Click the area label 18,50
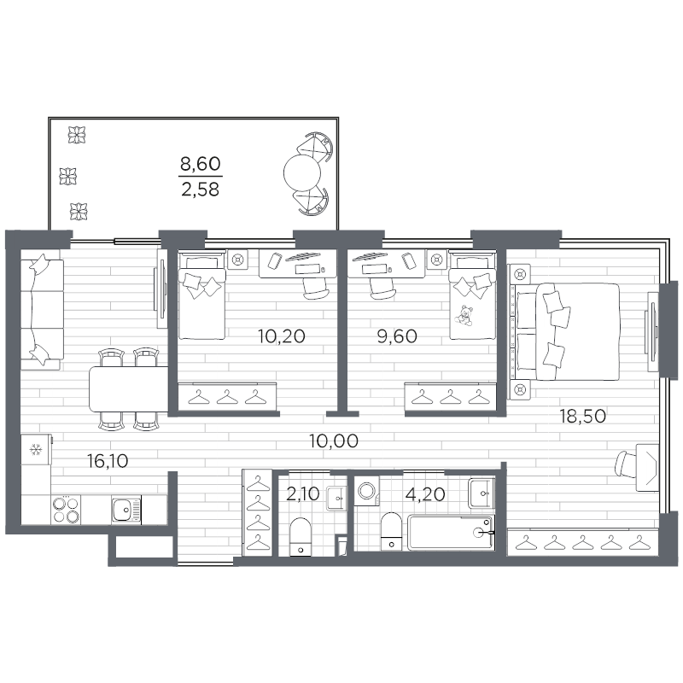pyautogui.click(x=582, y=417)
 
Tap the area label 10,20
pyautogui.click(x=282, y=336)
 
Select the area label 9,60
pyautogui.click(x=397, y=336)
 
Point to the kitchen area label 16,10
pyautogui.click(x=108, y=461)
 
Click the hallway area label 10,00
pyautogui.click(x=334, y=441)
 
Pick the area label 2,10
pyautogui.click(x=303, y=494)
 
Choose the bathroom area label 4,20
pyautogui.click(x=424, y=494)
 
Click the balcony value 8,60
pyautogui.click(x=201, y=164)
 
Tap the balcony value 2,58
pyautogui.click(x=201, y=190)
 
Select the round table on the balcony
pyautogui.click(x=302, y=173)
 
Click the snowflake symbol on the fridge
pyautogui.click(x=35, y=450)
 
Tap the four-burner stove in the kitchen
pyautogui.click(x=67, y=510)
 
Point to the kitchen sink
pyautogui.click(x=126, y=510)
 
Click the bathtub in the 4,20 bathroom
pyautogui.click(x=452, y=532)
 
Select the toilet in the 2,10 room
pyautogui.click(x=301, y=536)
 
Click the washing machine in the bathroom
pyautogui.click(x=367, y=490)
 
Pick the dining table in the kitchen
pyautogui.click(x=129, y=389)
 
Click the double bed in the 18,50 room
pyautogui.click(x=565, y=331)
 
